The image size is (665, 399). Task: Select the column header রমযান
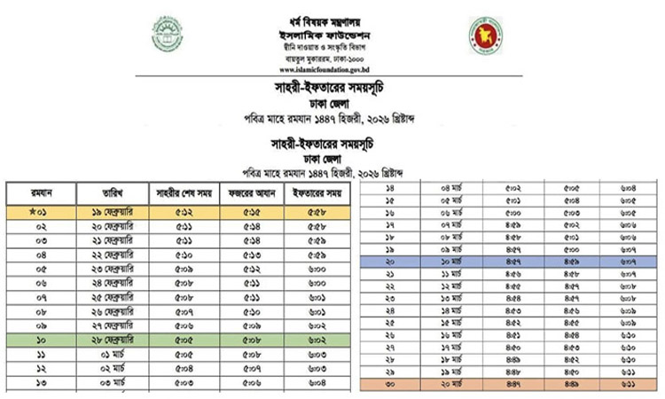[41, 193]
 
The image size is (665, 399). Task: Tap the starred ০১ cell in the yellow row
[41, 213]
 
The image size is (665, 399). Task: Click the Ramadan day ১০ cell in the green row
[41, 340]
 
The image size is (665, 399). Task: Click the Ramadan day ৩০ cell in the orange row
[390, 385]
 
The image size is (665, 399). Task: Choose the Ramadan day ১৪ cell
[390, 189]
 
